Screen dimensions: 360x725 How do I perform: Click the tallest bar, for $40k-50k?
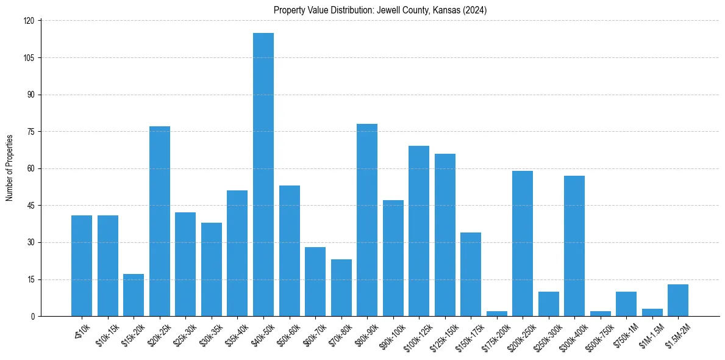tap(263, 175)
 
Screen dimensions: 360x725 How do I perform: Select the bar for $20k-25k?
tap(160, 221)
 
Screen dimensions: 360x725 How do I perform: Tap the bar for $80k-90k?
tap(367, 220)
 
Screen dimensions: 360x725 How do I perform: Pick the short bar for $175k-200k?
tap(497, 314)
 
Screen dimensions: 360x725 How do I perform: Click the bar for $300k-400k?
tap(574, 246)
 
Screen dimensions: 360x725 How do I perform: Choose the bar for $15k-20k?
tap(134, 295)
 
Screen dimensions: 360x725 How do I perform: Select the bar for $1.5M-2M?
tap(678, 300)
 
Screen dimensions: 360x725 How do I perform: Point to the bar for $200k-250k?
tap(523, 243)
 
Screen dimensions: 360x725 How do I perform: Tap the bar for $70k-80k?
tap(341, 288)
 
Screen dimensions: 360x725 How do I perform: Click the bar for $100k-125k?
tap(419, 231)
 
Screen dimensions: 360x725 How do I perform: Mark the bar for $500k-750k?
tap(601, 314)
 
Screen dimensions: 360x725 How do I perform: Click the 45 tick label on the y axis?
tap(32, 206)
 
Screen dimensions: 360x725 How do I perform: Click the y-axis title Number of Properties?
tap(10, 168)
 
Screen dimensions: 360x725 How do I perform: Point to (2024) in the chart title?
tap(474, 10)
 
